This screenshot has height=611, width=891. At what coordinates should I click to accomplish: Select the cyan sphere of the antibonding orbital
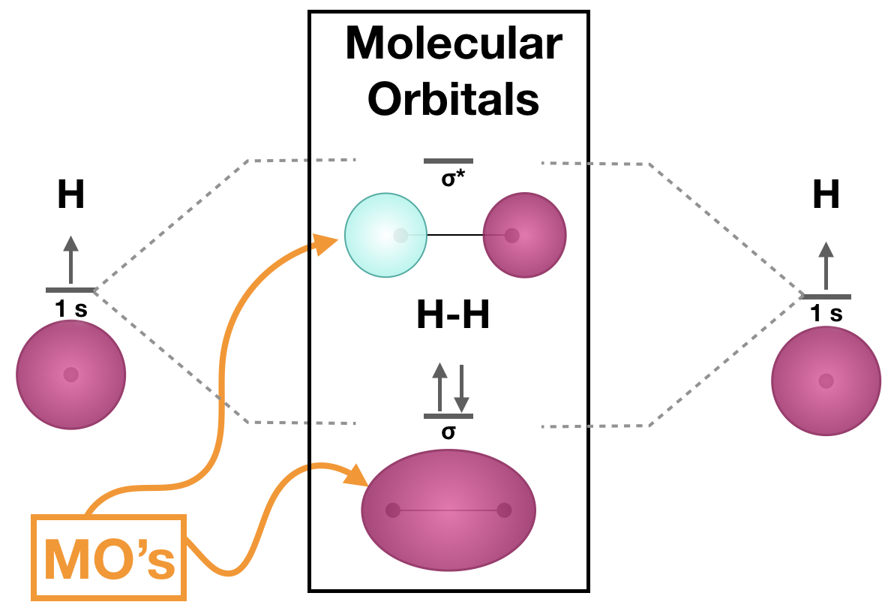coord(385,235)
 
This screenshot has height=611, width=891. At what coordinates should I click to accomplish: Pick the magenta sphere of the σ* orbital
coord(524,235)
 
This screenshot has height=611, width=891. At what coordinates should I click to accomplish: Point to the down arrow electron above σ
coord(460,386)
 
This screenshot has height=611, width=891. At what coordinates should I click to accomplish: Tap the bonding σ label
coord(448,432)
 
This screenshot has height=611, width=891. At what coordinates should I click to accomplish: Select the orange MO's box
coord(109,558)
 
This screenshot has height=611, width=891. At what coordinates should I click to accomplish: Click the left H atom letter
coord(70,196)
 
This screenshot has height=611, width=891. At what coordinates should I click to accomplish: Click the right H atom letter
coord(826,196)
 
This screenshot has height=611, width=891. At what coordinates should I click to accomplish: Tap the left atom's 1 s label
coord(70,307)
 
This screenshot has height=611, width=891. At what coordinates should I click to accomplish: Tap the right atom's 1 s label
coord(826,313)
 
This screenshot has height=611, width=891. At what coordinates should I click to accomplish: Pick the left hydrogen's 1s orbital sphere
coord(70,375)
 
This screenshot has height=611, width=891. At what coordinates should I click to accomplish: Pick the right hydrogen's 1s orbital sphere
coord(826,381)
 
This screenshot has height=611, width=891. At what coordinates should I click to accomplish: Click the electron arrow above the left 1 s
coord(70,259)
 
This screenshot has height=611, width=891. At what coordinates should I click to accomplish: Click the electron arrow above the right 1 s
coord(826,266)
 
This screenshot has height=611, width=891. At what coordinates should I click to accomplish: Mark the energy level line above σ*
coord(448,161)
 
